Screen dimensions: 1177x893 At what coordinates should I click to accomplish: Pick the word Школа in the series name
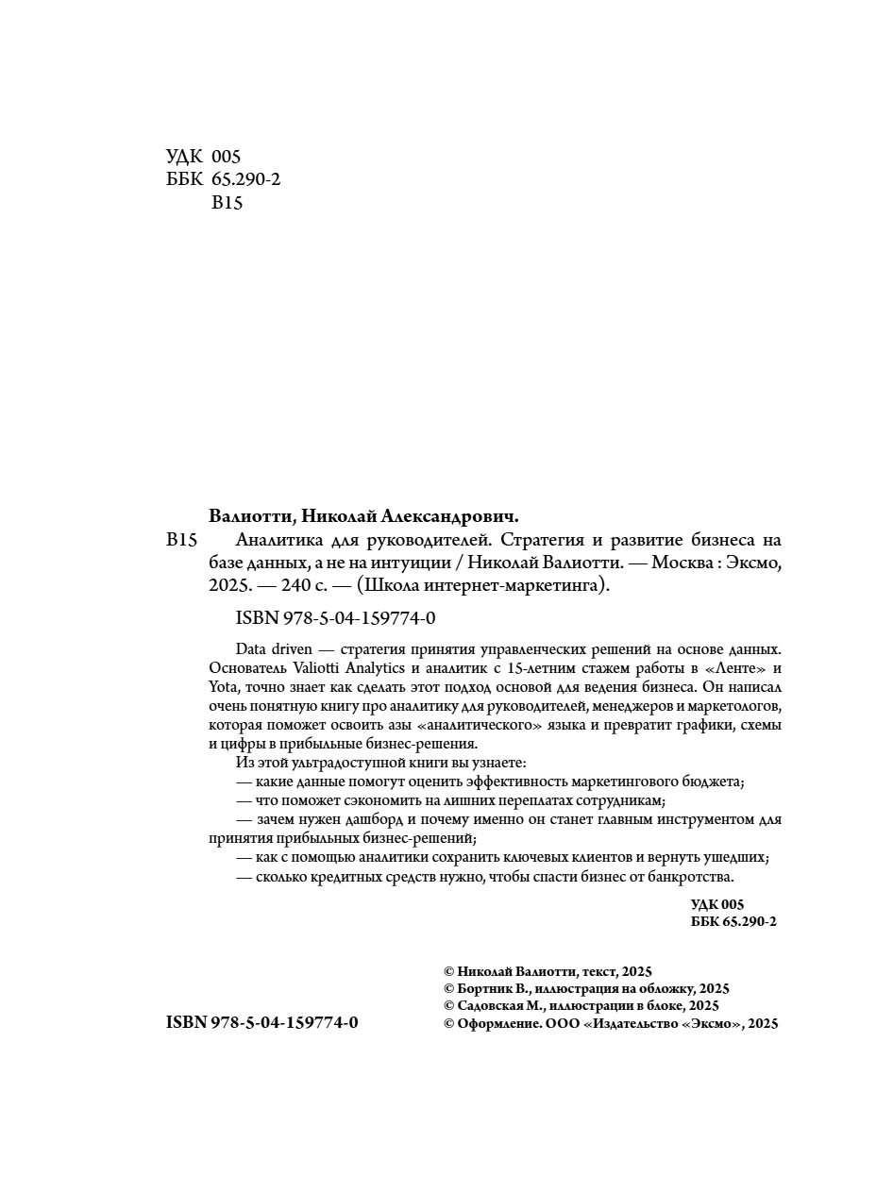pyautogui.click(x=394, y=585)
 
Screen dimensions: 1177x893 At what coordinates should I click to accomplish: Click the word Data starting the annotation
pyautogui.click(x=250, y=649)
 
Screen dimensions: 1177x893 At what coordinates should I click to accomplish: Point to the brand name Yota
pyautogui.click(x=222, y=687)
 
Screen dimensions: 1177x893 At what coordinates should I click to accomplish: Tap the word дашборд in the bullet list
pyautogui.click(x=368, y=819)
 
